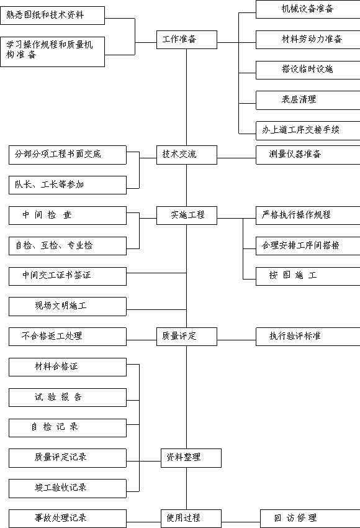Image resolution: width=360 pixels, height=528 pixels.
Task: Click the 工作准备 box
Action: pyautogui.click(x=187, y=40)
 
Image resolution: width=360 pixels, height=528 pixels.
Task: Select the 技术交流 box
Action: pyautogui.click(x=187, y=155)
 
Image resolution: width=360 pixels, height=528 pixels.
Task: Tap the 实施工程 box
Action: pyautogui.click(x=187, y=216)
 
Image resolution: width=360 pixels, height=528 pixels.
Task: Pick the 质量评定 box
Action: pyautogui.click(x=187, y=337)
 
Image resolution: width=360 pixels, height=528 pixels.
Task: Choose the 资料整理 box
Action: pyautogui.click(x=191, y=458)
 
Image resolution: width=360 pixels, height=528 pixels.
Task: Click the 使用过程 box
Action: pyautogui.click(x=191, y=519)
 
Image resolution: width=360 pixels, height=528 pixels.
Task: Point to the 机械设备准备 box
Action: pyautogui.click(x=308, y=9)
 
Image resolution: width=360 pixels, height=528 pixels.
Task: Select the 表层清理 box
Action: pyautogui.click(x=308, y=100)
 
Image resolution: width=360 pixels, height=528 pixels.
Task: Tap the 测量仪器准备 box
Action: pyautogui.click(x=308, y=155)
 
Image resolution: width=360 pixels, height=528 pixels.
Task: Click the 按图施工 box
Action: pyautogui.click(x=308, y=276)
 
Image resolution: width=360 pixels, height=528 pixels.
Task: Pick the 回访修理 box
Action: pyautogui.click(x=310, y=519)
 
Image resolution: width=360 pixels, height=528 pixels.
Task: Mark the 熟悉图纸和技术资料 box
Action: pyautogui.click(x=53, y=15)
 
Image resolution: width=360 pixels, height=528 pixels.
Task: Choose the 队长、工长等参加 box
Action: pyautogui.click(x=68, y=185)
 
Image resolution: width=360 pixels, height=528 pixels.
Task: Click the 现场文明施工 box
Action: pyautogui.click(x=68, y=306)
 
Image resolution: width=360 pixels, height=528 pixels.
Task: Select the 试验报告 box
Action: pyautogui.click(x=68, y=398)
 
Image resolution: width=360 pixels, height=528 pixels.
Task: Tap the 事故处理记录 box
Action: pyautogui.click(x=68, y=519)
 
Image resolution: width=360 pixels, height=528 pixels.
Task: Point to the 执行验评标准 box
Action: pyautogui.click(x=308, y=337)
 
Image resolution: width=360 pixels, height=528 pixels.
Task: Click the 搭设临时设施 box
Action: pyautogui.click(x=308, y=70)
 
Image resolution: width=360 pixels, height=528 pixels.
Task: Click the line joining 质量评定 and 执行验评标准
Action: pyautogui.click(x=236, y=340)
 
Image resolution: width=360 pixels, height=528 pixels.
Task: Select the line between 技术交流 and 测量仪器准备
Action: pyautogui.click(x=236, y=158)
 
